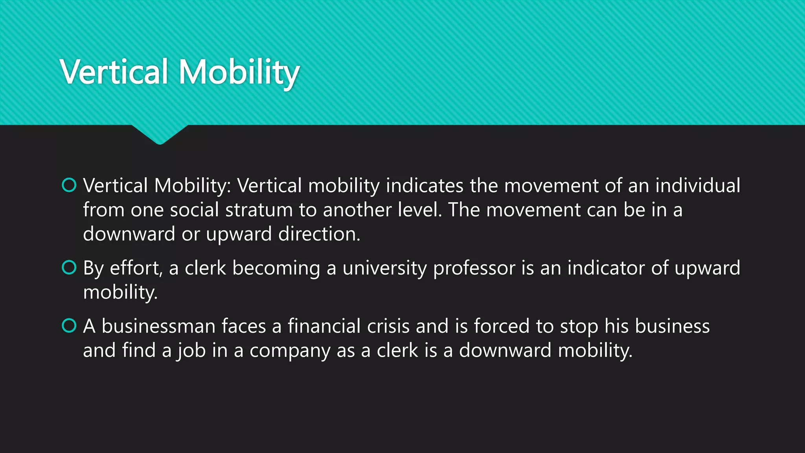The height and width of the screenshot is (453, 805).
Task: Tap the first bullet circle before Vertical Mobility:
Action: [69, 185]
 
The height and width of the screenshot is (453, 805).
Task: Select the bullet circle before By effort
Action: [69, 268]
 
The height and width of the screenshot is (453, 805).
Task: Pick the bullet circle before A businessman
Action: [69, 326]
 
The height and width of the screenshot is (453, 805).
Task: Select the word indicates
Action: [425, 186]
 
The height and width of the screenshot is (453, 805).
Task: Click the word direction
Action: [318, 234]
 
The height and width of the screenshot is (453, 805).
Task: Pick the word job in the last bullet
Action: [191, 351]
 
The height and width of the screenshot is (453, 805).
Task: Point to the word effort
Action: [135, 268]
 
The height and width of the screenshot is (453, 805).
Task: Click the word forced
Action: [502, 326]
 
